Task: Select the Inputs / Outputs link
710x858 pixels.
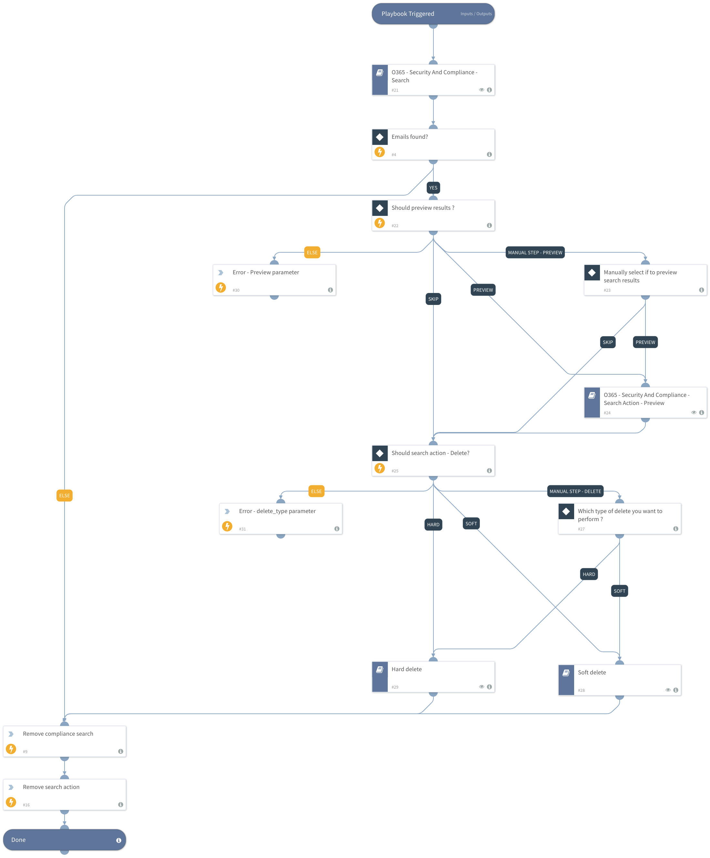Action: [476, 14]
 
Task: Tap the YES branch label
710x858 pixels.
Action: [433, 188]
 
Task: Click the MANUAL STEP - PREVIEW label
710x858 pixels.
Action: [535, 253]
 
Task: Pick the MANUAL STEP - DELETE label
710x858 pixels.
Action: [575, 491]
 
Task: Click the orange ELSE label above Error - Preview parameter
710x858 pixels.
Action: [312, 253]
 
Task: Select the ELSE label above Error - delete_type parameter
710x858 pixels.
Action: [316, 491]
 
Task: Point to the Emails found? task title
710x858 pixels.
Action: [409, 137]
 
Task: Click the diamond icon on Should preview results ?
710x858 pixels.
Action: [379, 208]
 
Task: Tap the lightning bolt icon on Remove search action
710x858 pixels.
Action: [11, 802]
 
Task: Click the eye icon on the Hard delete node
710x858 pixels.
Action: [481, 687]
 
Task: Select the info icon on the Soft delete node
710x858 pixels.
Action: [675, 690]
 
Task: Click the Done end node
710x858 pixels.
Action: [64, 840]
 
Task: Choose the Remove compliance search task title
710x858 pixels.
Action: [58, 734]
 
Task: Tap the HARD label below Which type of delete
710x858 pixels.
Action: [589, 574]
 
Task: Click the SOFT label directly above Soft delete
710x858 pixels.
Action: [619, 591]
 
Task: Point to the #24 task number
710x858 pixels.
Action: [607, 413]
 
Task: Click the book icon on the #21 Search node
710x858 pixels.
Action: [379, 73]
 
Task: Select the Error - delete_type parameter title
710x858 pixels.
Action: [277, 511]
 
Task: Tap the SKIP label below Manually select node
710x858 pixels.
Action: [607, 342]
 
